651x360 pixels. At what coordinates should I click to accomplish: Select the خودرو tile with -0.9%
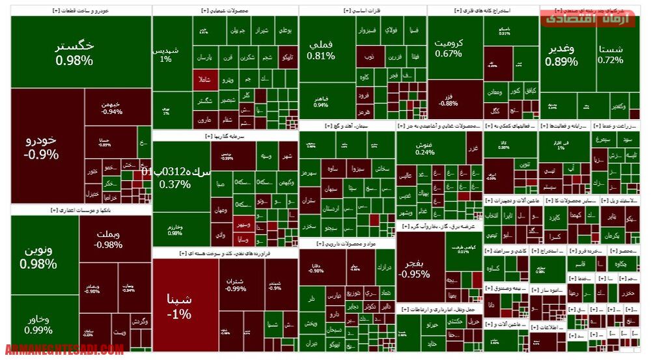pos(41,146)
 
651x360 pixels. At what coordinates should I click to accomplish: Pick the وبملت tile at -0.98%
pos(107,240)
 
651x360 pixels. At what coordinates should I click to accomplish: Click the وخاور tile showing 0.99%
pos(38,324)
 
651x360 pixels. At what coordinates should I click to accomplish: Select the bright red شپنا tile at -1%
pos(179,306)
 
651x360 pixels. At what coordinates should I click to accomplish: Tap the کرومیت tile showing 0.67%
pos(449,48)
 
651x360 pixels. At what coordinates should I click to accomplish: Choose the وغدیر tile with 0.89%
pos(561,55)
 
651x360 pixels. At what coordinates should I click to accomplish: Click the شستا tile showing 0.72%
pos(611,54)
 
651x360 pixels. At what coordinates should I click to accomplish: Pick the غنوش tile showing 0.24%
pos(425,148)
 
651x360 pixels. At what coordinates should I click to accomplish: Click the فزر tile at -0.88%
pos(448,100)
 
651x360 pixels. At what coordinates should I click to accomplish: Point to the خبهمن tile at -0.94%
pos(111,107)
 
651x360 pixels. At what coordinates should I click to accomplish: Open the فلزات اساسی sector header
pos(362,10)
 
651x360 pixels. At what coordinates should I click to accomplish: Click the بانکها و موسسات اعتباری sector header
pos(81,210)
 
